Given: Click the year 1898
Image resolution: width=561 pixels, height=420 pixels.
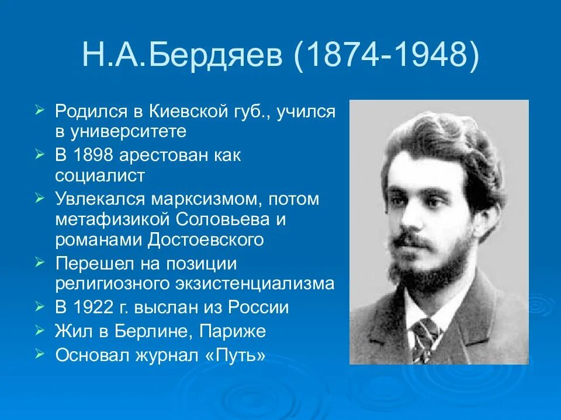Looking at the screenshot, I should tap(96, 156).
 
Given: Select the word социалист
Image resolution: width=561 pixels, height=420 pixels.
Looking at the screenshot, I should tap(100, 176).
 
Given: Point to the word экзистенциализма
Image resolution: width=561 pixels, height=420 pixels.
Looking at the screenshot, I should tap(258, 283).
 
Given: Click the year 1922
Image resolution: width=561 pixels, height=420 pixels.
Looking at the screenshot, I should tap(96, 307).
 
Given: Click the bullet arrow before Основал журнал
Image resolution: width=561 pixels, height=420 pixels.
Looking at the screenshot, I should tap(40, 353).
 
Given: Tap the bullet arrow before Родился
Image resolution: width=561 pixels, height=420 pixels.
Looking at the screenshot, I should tap(40, 109).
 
